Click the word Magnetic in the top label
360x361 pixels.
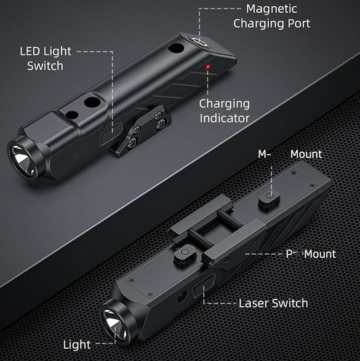click(x=272, y=9)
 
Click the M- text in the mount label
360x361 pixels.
click(x=264, y=154)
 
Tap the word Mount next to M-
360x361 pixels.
click(x=306, y=154)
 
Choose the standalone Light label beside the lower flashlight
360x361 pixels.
click(x=76, y=345)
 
